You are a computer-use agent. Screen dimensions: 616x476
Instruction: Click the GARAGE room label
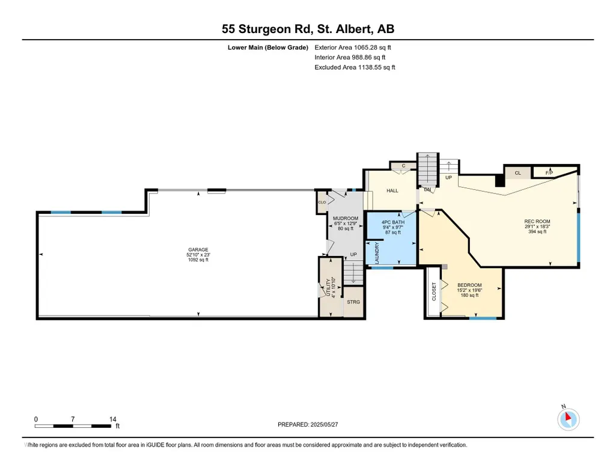click(198, 249)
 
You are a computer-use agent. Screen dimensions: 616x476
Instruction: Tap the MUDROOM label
click(346, 218)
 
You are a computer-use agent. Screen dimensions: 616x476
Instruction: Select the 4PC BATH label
click(393, 222)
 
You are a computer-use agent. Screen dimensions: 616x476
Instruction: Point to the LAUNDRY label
click(377, 253)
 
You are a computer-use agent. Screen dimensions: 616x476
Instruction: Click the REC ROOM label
click(537, 222)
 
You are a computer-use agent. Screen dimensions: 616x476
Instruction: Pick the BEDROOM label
click(469, 285)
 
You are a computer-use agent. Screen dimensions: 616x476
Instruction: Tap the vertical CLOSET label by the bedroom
click(434, 291)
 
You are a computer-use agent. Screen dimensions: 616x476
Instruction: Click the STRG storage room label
click(353, 302)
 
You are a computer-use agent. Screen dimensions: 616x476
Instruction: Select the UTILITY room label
click(328, 288)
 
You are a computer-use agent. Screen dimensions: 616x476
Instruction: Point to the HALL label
click(392, 191)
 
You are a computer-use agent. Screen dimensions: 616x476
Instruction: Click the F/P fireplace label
click(549, 173)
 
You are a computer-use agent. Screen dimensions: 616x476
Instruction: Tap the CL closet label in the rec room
click(518, 173)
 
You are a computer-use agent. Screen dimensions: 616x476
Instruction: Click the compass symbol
click(568, 419)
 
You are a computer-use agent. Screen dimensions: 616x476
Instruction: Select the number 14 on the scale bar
click(113, 420)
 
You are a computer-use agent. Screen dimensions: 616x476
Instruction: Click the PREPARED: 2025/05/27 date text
click(308, 424)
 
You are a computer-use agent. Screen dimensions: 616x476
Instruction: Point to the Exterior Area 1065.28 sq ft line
click(353, 47)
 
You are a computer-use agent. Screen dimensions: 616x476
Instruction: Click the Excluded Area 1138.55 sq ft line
click(355, 67)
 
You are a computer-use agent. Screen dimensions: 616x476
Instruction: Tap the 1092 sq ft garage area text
click(198, 260)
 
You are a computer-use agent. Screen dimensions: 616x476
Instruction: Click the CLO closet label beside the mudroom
click(322, 203)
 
